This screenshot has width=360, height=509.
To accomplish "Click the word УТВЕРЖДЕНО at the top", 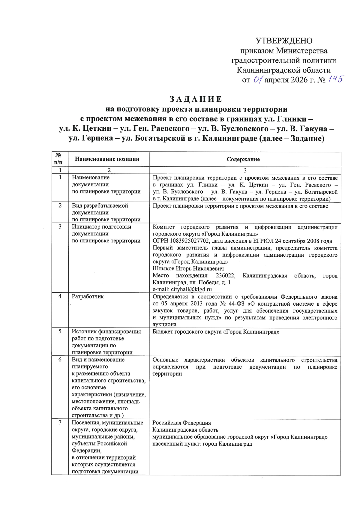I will coord(284,41).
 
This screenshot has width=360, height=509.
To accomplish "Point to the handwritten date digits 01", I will coord(258,80).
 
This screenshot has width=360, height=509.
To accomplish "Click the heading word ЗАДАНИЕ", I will coord(196,99).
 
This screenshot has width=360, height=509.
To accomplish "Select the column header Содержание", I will coord(243,159).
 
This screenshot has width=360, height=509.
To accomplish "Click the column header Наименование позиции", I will coord(107,159).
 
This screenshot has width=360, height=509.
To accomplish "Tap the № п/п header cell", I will coord(58,159).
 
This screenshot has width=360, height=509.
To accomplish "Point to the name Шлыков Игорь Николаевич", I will coord(188,268).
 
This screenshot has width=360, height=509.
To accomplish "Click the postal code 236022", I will coord(225,276).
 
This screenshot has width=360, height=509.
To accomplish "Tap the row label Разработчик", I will coord(88,296).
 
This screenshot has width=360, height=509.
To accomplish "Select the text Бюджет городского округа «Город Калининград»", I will coord(216,332).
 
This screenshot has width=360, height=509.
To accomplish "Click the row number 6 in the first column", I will coord(60,360).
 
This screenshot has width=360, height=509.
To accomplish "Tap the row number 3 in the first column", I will coord(60,227).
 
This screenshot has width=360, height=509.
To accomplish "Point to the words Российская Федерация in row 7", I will coord(181,423).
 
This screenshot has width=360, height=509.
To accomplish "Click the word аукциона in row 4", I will coord(164,325).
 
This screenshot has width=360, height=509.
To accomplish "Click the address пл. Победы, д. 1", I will coord(214,283).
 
